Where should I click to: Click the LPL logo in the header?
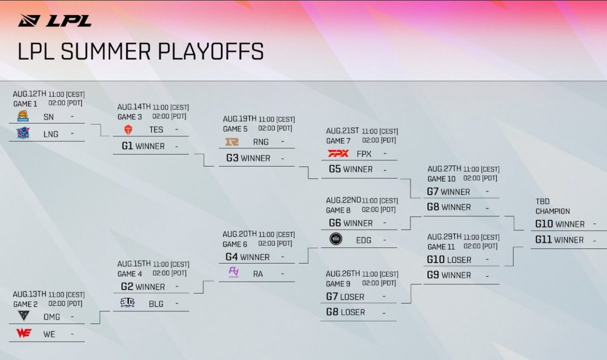pos(55,21)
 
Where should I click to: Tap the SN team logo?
pos(23,116)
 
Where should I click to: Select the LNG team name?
pos(51,134)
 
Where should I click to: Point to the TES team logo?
pos(128,129)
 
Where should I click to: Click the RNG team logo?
pos(231,141)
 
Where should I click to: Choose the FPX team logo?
pos(338,154)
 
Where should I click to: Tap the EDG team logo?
pos(336,239)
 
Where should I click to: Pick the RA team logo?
pos(233,272)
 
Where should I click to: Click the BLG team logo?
pos(127,303)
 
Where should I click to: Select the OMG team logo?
pos(23,316)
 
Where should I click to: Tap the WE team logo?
pos(23,333)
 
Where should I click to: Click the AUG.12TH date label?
pos(30,94)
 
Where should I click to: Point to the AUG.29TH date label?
pos(444,237)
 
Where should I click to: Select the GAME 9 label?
pos(338,284)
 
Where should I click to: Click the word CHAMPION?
pos(553,211)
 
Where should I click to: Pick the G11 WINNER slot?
pos(560,240)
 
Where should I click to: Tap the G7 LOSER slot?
pos(345,297)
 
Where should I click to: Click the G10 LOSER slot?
pos(449,260)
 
